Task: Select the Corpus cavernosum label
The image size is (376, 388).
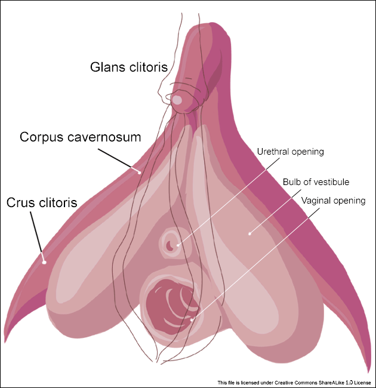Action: [x=81, y=137]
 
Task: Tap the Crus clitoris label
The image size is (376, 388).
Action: [x=42, y=202]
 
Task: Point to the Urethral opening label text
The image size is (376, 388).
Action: [x=290, y=152]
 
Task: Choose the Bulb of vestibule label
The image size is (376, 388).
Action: [x=316, y=182]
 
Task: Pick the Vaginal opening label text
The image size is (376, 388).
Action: [x=333, y=201]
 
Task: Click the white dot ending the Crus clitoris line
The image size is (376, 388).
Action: [x=44, y=261]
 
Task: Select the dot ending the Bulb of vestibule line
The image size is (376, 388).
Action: [x=250, y=233]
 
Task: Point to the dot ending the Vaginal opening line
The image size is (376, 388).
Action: [x=192, y=320]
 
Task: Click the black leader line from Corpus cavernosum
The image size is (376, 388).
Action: [x=118, y=159]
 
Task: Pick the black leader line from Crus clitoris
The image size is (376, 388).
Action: [x=36, y=236]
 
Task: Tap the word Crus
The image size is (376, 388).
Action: [x=20, y=202]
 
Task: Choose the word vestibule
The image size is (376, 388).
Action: [x=331, y=182]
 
